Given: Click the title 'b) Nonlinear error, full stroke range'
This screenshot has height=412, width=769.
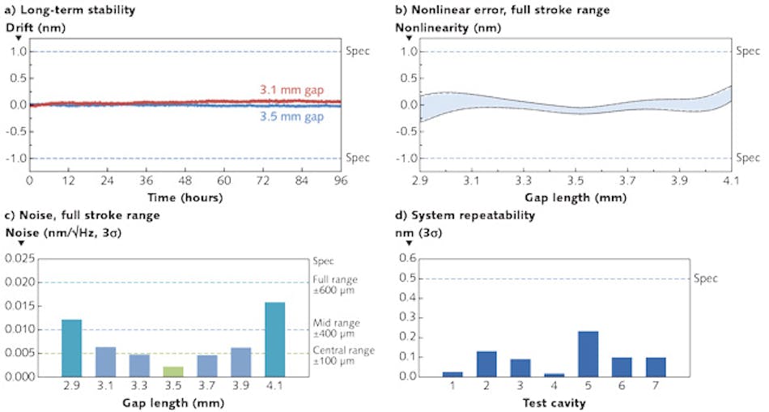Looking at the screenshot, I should (x=502, y=10).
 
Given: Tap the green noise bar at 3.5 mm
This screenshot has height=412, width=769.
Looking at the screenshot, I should (x=173, y=372).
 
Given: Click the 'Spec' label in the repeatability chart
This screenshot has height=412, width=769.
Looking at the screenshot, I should (x=705, y=278).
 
